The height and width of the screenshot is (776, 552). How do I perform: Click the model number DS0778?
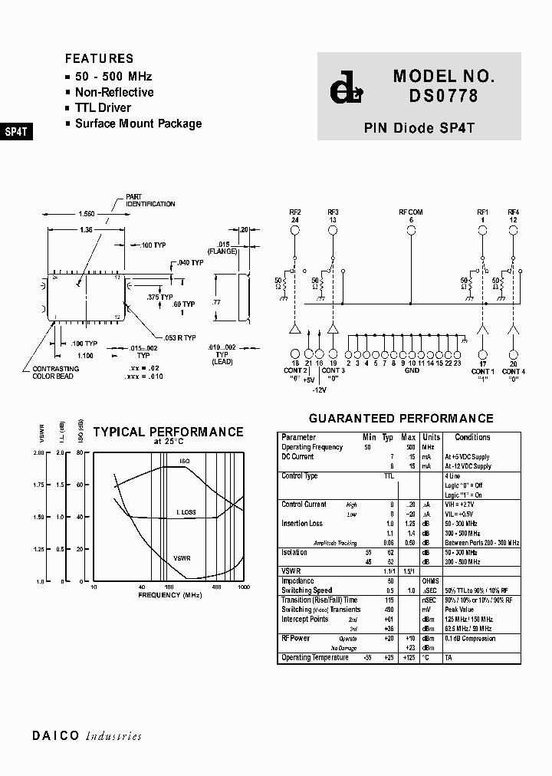[444, 96]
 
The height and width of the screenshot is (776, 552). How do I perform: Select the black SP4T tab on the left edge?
[16, 131]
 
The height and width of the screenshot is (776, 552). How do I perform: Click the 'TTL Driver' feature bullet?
[103, 108]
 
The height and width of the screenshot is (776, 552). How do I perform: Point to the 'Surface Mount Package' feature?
[138, 123]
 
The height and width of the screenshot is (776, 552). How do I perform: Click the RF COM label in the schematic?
[410, 212]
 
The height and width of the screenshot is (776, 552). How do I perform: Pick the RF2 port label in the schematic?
[294, 212]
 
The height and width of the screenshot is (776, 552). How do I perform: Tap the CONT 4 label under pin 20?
[513, 371]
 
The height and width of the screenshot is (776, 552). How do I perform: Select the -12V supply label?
[320, 390]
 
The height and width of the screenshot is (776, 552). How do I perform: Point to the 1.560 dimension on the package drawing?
[87, 214]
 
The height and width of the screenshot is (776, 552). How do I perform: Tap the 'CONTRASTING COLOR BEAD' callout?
[53, 373]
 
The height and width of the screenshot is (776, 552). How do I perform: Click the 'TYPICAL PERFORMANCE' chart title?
[168, 432]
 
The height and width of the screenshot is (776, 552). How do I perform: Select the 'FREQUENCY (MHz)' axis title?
[170, 595]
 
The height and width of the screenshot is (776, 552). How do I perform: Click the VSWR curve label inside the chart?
[182, 558]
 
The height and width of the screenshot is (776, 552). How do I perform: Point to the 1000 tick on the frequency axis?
[243, 587]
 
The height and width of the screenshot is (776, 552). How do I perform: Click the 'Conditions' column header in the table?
[472, 437]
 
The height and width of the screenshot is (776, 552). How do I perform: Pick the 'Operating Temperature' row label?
[314, 657]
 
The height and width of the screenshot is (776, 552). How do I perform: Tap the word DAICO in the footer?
[56, 736]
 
